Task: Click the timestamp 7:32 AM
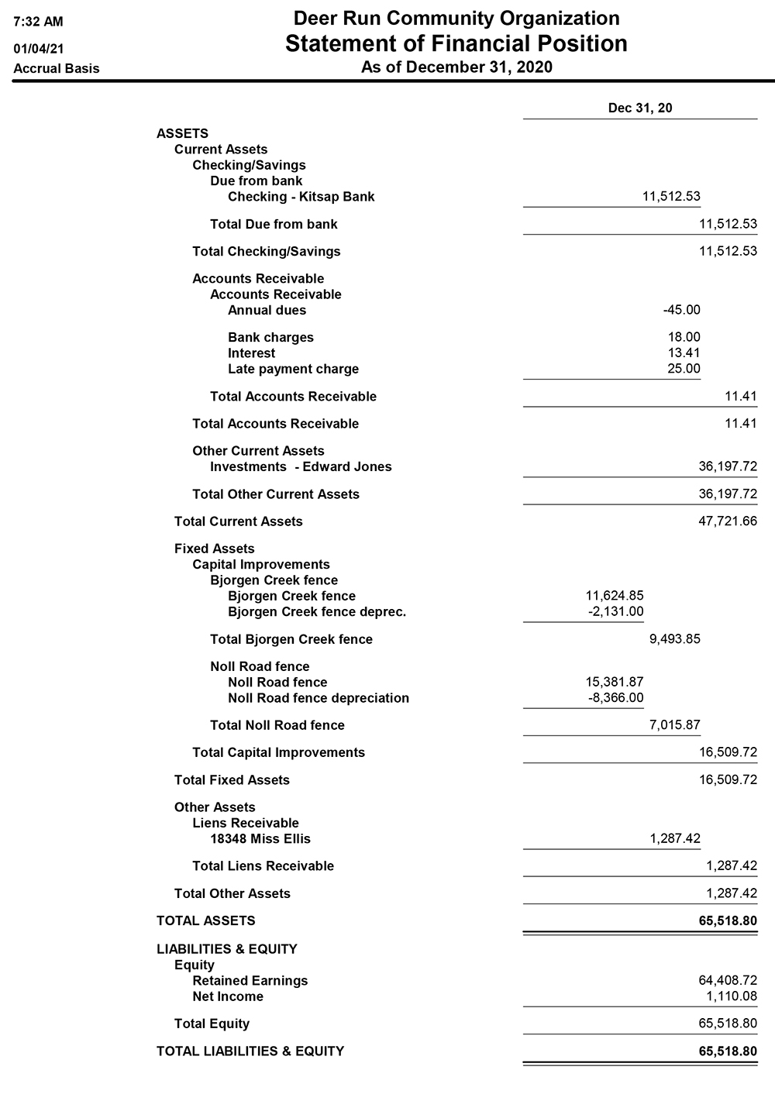click(39, 22)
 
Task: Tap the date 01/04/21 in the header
click(39, 49)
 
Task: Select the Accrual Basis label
click(57, 68)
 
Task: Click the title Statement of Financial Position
click(456, 43)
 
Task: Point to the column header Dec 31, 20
click(640, 108)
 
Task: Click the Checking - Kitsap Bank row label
click(301, 197)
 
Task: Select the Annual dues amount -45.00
click(681, 310)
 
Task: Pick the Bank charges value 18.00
click(684, 337)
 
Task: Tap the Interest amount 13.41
click(684, 353)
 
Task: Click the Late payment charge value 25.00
click(684, 369)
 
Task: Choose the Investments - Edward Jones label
click(301, 466)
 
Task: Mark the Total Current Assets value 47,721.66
click(728, 521)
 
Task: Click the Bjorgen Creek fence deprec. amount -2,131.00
click(615, 612)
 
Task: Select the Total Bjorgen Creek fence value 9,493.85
click(674, 639)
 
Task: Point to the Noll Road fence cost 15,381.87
click(614, 682)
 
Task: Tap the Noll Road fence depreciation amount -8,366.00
click(615, 698)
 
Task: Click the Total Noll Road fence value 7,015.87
click(674, 725)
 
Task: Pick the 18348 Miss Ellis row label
click(260, 838)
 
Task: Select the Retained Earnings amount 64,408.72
click(728, 980)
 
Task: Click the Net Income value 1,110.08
click(731, 996)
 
